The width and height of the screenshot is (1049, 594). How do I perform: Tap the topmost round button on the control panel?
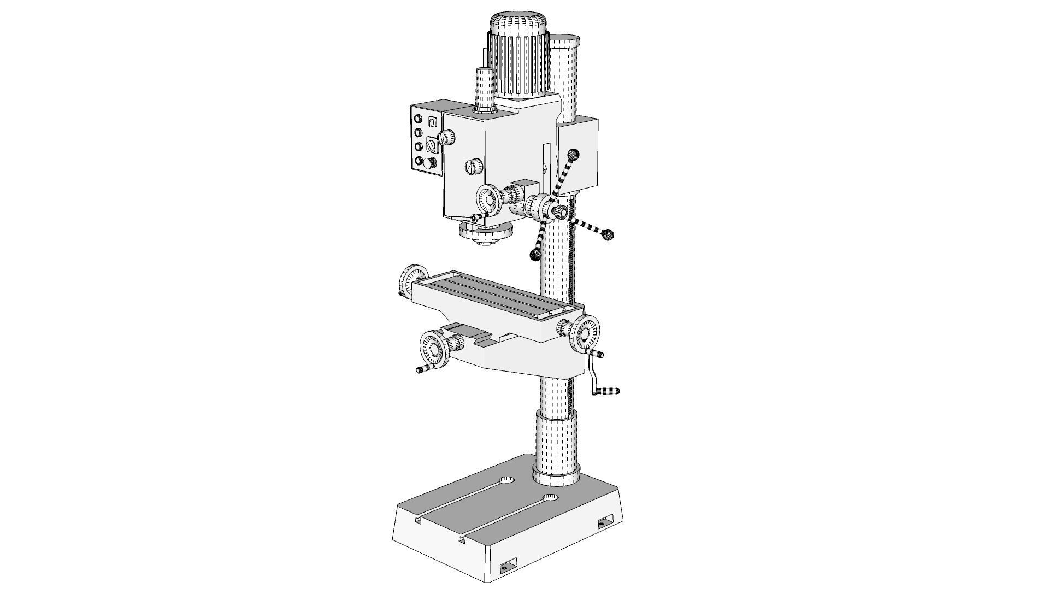tap(419, 119)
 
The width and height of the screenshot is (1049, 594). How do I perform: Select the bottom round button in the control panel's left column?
tap(419, 161)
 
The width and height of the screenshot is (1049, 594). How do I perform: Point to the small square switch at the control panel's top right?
tap(432, 122)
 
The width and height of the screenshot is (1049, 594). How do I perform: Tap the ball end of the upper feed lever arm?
tap(573, 154)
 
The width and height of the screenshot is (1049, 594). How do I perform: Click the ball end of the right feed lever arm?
tap(608, 234)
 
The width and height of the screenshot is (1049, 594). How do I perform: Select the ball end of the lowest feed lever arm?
tap(536, 254)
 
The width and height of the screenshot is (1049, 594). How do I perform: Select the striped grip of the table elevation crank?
tap(608, 391)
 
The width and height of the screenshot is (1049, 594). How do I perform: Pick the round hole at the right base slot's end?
tap(551, 497)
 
